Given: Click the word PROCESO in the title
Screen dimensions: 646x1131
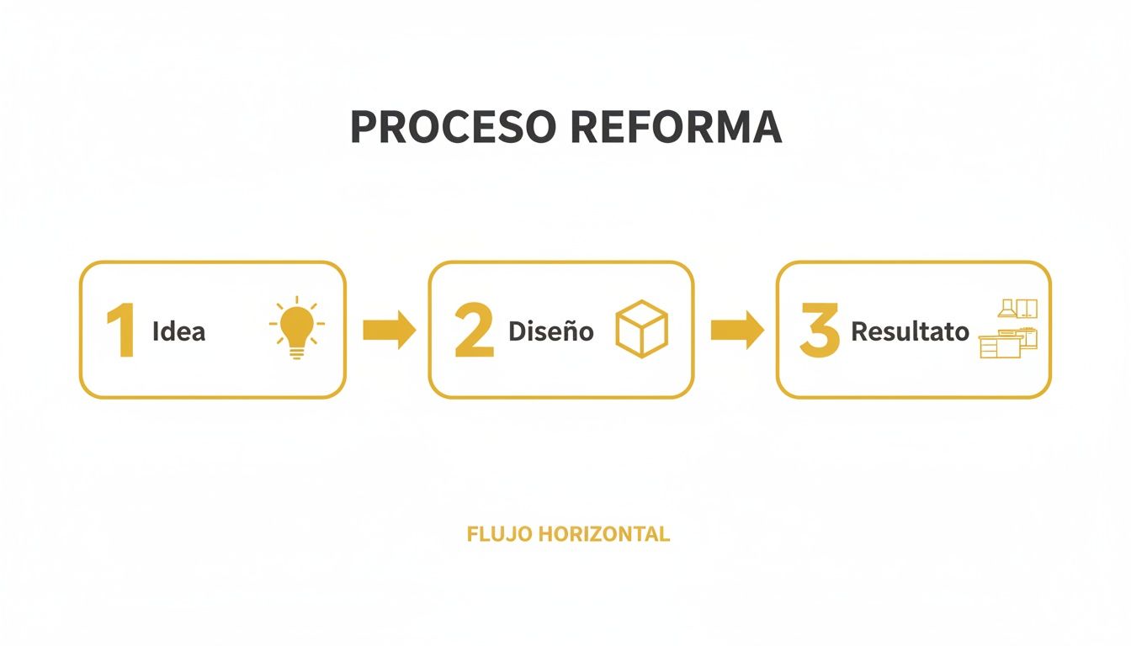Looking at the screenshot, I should point(453,127).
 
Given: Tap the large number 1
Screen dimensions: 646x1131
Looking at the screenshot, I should point(121,331).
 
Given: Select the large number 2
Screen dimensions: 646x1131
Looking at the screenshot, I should point(473,331).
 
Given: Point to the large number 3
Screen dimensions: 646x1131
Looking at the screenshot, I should point(819,331).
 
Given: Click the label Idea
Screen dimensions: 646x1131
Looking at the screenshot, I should point(178,331).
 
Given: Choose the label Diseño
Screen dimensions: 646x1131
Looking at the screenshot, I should point(550,331).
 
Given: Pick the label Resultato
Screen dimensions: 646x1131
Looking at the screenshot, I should point(910,331).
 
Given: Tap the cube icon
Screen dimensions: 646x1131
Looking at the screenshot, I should point(641,329).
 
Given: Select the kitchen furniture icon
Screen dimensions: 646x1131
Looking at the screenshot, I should point(1008,329).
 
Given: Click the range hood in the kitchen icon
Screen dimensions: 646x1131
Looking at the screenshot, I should point(1006,309).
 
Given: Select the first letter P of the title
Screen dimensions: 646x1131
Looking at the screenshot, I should point(362,127).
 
